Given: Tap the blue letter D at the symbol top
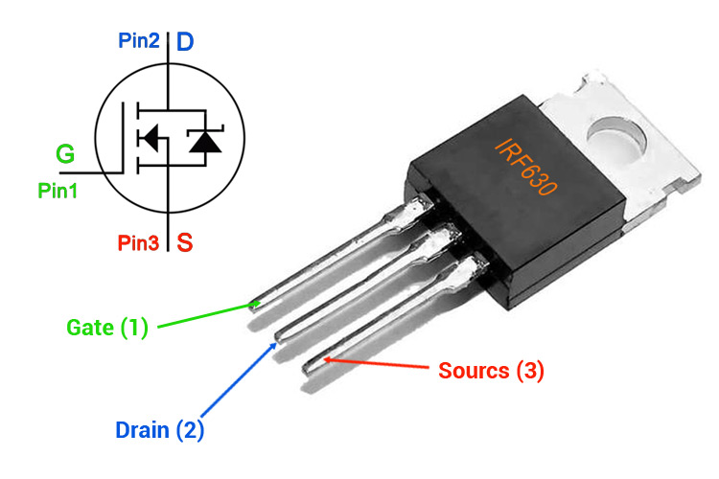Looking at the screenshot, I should tap(185, 41).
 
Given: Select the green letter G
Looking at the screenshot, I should tap(64, 154).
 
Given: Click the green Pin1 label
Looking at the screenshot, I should tap(58, 191).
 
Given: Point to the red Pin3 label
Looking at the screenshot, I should tap(139, 243).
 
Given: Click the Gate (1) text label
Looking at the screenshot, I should tap(107, 327).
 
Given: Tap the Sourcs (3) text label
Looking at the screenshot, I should tap(491, 371).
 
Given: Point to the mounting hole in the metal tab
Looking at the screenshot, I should tap(617, 136).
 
